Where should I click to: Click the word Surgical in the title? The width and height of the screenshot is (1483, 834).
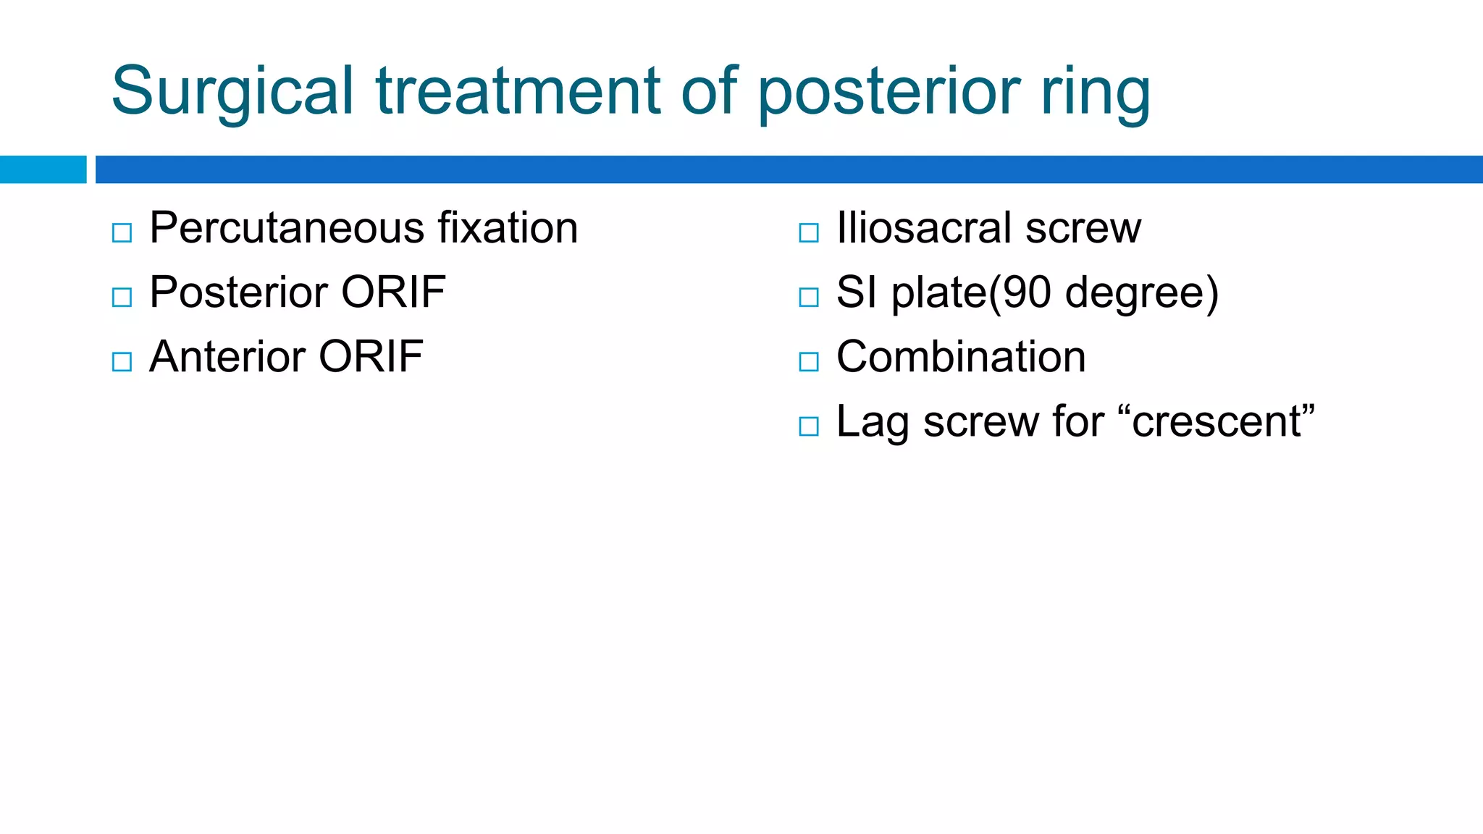pyautogui.click(x=232, y=91)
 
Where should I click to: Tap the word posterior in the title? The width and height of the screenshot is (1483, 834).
pyautogui.click(x=889, y=91)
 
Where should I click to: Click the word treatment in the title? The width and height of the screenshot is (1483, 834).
pyautogui.click(x=518, y=91)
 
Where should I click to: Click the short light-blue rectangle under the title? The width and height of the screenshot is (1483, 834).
pyautogui.click(x=43, y=169)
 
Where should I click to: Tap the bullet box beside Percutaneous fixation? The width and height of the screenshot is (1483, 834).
pyautogui.click(x=122, y=233)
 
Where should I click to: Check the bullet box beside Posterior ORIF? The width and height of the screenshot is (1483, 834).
pyautogui.click(x=122, y=298)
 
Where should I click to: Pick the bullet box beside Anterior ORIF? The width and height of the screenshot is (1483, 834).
pyautogui.click(x=122, y=362)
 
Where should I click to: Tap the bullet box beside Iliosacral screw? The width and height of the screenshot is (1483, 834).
pyautogui.click(x=808, y=233)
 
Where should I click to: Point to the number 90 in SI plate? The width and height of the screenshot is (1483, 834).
pyautogui.click(x=1026, y=292)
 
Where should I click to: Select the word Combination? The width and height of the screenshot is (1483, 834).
pyautogui.click(x=961, y=357)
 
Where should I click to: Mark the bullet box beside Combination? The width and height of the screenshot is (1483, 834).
pyautogui.click(x=808, y=362)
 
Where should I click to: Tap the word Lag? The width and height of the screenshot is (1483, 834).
pyautogui.click(x=872, y=423)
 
